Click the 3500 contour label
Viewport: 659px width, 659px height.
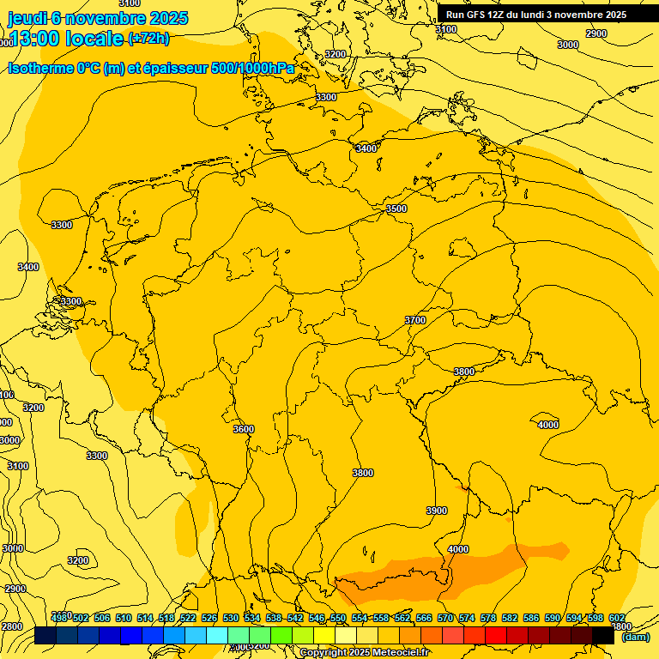click(396, 209)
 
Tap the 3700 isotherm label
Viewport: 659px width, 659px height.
click(415, 320)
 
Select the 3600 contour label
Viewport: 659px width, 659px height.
click(244, 429)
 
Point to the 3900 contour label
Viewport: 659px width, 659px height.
click(437, 511)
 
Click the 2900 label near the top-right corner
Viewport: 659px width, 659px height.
click(596, 33)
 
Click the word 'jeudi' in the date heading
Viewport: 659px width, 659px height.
click(27, 18)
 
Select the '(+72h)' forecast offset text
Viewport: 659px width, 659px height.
click(148, 39)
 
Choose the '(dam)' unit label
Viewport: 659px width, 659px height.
click(635, 637)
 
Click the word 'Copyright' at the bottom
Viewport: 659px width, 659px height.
click(323, 653)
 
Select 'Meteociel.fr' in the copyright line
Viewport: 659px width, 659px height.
click(401, 653)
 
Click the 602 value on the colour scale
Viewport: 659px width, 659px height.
click(617, 618)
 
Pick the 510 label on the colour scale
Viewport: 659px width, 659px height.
click(124, 618)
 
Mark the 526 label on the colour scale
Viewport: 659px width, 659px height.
click(209, 618)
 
